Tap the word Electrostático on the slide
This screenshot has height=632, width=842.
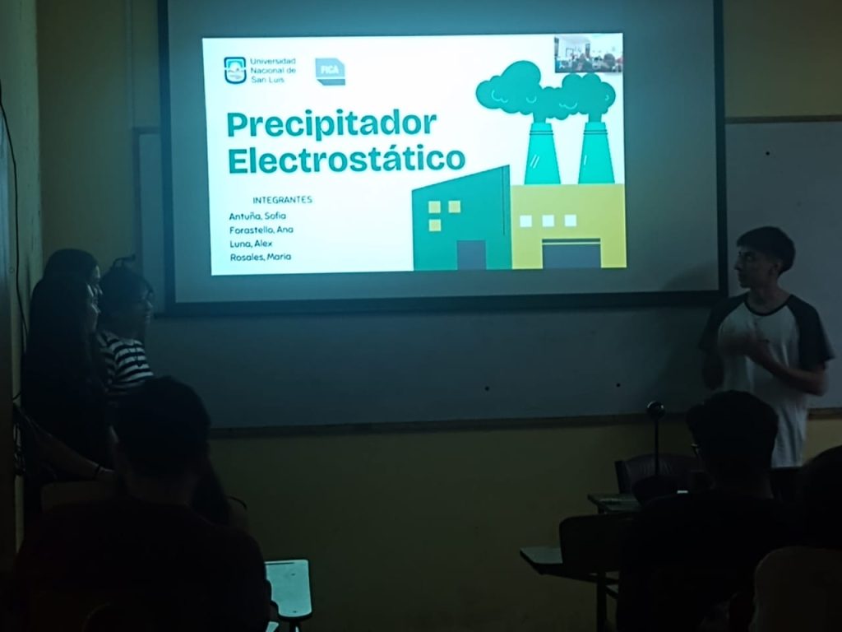[346, 160]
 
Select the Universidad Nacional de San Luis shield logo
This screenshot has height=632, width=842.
[234, 71]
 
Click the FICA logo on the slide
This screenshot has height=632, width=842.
[330, 72]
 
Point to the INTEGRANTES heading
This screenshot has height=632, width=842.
[283, 200]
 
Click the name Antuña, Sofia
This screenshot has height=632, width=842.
[257, 216]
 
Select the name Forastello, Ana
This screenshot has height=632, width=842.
[261, 230]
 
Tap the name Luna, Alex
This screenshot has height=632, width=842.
[251, 244]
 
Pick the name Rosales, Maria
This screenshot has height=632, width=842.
[261, 257]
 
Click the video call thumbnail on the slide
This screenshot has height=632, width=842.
[588, 53]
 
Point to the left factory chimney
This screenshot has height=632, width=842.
[541, 152]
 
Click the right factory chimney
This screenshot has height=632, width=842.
[595, 152]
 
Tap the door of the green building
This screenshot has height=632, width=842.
[471, 255]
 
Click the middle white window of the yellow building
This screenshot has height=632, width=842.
[548, 221]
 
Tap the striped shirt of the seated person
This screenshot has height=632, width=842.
[126, 360]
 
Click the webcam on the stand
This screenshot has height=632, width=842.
[655, 410]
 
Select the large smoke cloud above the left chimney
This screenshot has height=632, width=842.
[513, 89]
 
